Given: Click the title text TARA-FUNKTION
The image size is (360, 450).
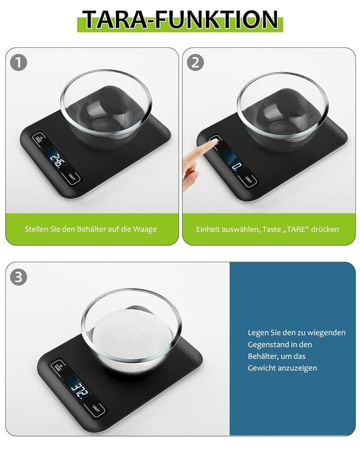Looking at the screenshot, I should [x=180, y=20].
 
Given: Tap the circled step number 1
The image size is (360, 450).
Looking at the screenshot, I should [x=19, y=62].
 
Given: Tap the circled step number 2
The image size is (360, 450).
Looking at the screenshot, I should [x=195, y=62].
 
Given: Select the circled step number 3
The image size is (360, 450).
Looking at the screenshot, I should [x=19, y=277].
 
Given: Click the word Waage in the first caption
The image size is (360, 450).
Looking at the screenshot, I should [x=145, y=229].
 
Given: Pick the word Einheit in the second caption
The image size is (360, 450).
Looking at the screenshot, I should [x=210, y=229].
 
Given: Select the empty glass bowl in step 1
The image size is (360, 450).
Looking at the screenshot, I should [x=106, y=107].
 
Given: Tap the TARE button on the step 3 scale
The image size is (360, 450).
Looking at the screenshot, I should [x=57, y=367].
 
